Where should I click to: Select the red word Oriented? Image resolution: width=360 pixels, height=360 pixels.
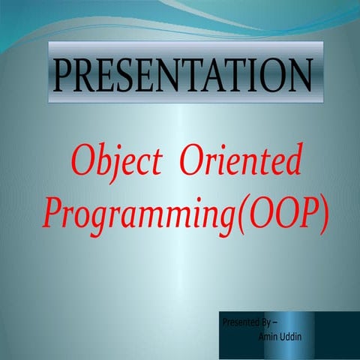pyautogui.click(x=241, y=163)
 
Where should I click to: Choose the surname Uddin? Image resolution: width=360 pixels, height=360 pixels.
pyautogui.click(x=290, y=337)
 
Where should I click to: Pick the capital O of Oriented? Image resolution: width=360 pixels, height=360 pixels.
pyautogui.click(x=190, y=162)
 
